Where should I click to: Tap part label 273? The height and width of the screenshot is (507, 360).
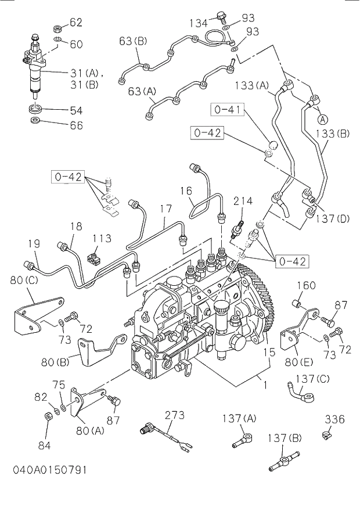(x=174, y=415)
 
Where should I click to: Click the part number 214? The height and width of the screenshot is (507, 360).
(x=243, y=202)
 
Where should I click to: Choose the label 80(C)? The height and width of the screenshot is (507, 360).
(x=25, y=281)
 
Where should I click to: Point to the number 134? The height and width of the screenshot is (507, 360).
(x=199, y=23)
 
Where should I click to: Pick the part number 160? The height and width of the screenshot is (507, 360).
(x=306, y=285)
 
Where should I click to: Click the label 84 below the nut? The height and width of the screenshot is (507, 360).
(x=44, y=445)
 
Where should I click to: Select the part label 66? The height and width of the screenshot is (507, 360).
(x=75, y=125)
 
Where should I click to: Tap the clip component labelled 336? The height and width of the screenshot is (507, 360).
(x=327, y=434)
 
